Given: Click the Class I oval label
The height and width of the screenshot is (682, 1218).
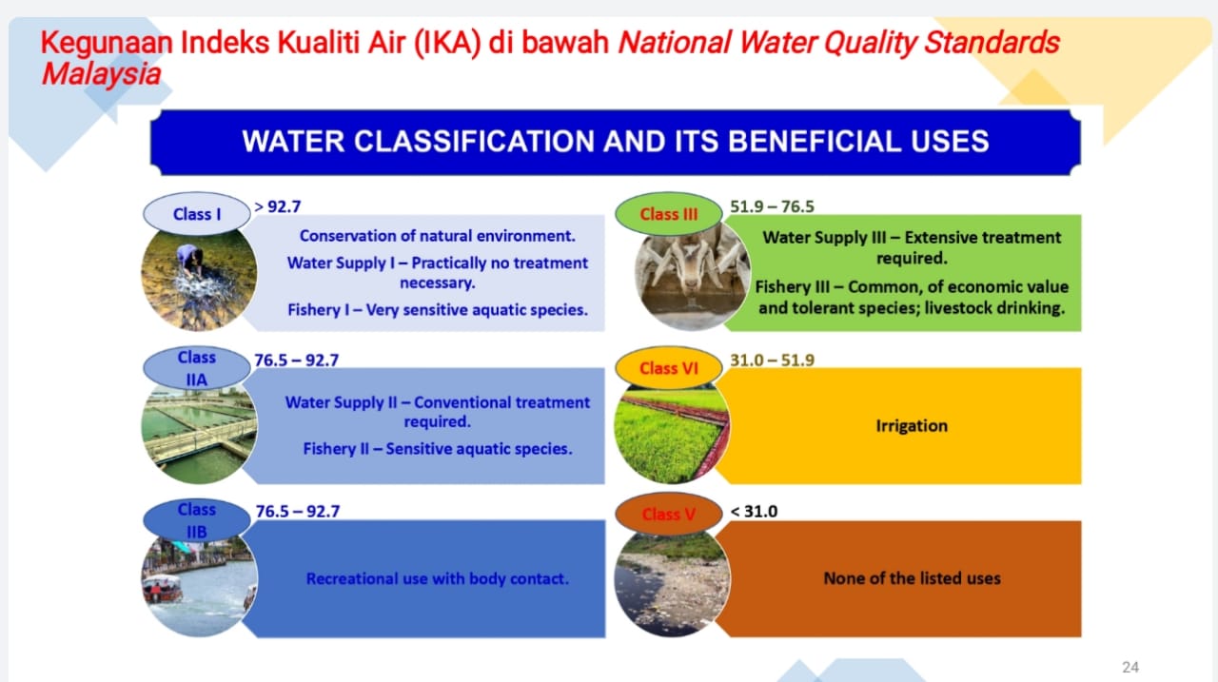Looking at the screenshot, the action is click(x=197, y=214).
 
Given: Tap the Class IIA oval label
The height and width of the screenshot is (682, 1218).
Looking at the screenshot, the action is click(x=197, y=368).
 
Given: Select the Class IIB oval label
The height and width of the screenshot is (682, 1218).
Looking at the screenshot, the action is click(x=197, y=520).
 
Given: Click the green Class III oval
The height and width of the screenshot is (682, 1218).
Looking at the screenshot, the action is click(x=669, y=214).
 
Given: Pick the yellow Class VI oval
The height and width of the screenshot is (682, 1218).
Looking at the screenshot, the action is click(x=669, y=368).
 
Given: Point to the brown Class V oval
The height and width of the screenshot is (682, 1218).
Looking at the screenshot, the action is click(x=669, y=514).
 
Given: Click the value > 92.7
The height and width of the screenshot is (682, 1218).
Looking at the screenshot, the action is click(x=277, y=206).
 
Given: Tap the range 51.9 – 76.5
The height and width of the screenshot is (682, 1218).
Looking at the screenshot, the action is click(x=772, y=206).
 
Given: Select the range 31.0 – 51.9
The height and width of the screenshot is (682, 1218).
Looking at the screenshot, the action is click(x=772, y=360).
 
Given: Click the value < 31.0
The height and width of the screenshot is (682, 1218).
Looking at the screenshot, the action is click(x=755, y=512).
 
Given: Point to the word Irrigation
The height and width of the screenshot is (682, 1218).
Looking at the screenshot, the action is click(x=912, y=426).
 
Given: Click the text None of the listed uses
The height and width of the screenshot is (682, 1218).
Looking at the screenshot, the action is click(x=912, y=578).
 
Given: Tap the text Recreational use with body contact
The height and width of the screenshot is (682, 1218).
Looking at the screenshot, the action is click(x=438, y=578).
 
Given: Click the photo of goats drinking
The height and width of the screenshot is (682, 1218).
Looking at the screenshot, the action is click(x=692, y=277).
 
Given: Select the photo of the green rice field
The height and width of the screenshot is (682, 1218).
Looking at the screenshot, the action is click(x=672, y=434).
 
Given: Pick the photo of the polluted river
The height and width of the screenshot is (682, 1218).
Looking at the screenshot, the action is click(x=672, y=585).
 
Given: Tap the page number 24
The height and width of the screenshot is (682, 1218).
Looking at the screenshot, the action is click(x=1130, y=667).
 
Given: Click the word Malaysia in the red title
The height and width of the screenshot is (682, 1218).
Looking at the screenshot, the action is click(x=101, y=74).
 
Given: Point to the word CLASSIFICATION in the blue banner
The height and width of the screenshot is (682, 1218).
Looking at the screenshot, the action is click(x=474, y=142).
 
